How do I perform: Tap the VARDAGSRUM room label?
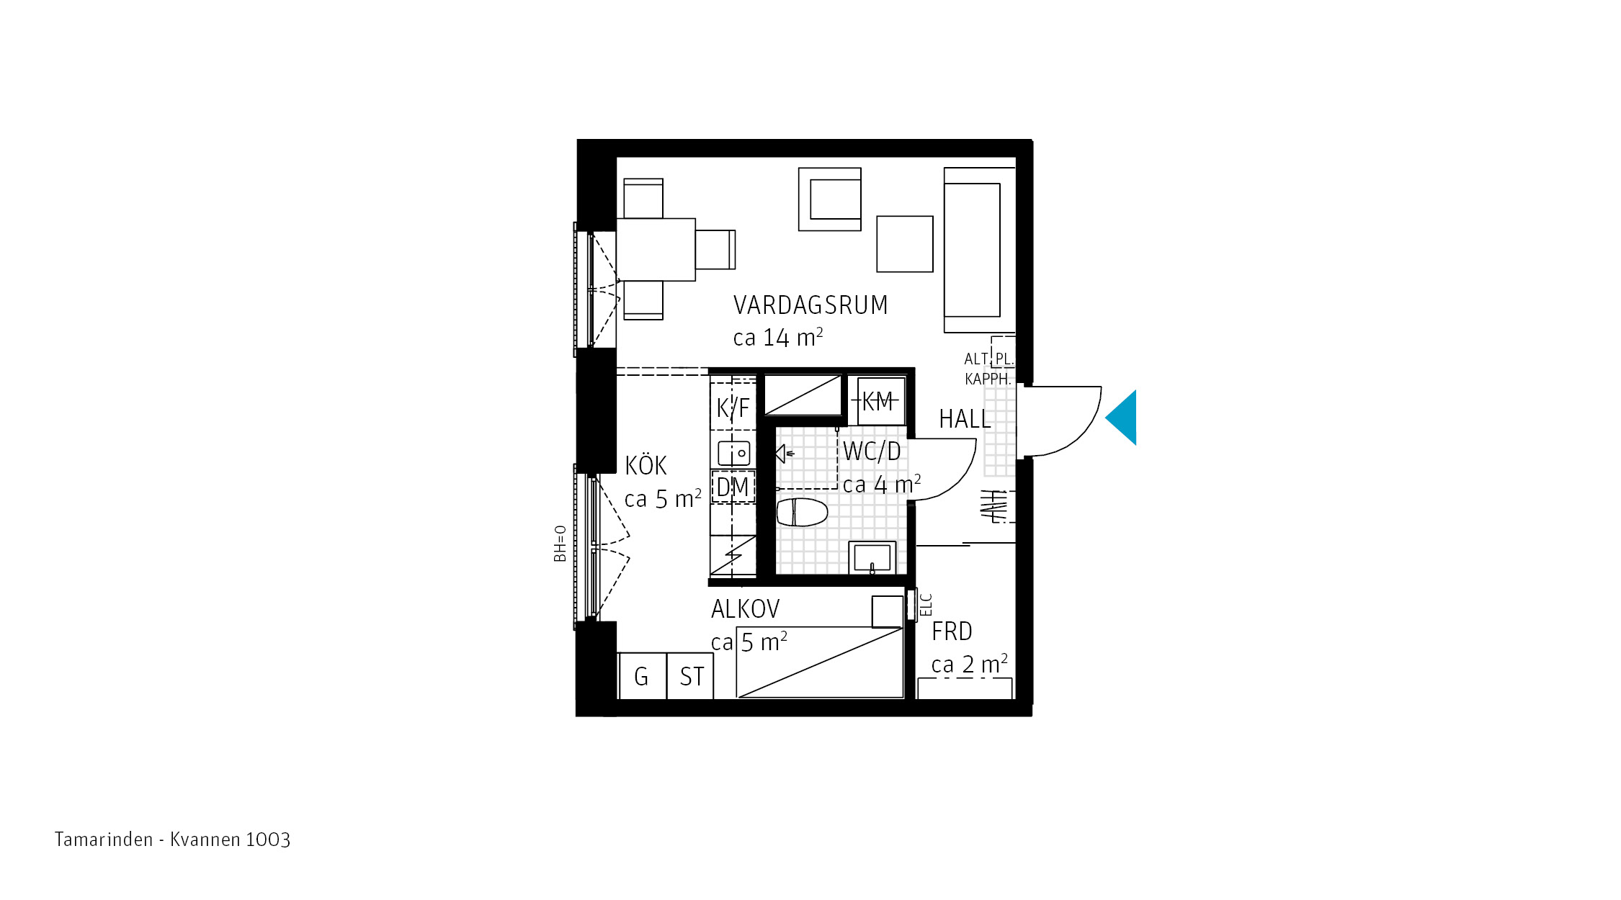pos(810,305)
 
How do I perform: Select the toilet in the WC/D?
pos(802,512)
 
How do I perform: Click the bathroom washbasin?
pos(872,558)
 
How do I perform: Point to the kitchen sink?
pos(734,453)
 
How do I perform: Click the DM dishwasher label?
pos(733,487)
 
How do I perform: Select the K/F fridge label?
pos(733,408)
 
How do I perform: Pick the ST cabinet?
pos(690,675)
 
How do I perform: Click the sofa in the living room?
pos(980,250)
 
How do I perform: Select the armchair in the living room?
pos(830,199)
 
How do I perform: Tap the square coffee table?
pos(905,244)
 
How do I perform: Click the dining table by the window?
pos(656,250)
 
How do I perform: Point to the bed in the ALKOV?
pos(820,662)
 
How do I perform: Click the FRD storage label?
pos(952,631)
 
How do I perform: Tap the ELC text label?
pos(926,605)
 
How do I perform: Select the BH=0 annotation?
pos(560,544)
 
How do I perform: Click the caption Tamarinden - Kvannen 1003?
pos(172,840)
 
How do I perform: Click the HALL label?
pos(965,419)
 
